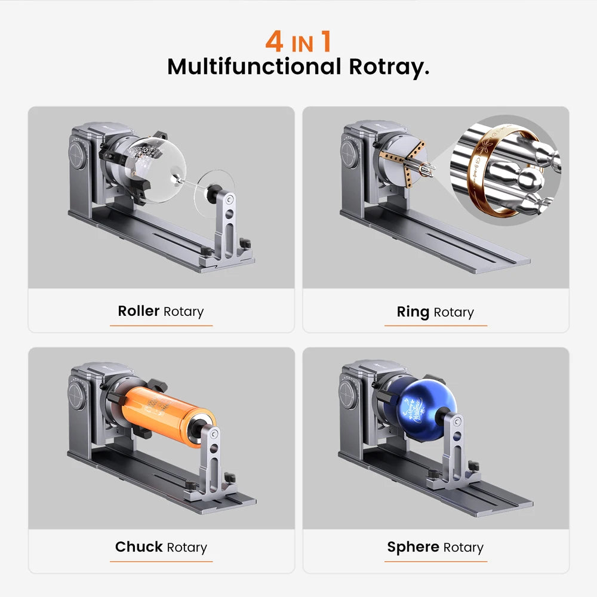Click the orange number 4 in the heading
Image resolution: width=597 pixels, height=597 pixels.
pos(275,41)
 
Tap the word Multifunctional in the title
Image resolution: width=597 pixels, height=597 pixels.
pos(254,66)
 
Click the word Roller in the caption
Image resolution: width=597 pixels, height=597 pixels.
pos(139,311)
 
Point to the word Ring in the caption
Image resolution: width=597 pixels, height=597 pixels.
pos(413,312)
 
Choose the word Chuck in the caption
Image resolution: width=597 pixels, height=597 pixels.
pos(139,547)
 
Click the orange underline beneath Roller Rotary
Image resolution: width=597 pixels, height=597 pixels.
pos(161,325)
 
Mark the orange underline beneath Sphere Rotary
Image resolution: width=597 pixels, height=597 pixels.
pos(435,561)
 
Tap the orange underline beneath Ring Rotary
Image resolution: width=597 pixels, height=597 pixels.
pos(435,325)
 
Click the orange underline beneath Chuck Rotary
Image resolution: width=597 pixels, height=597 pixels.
pos(161,561)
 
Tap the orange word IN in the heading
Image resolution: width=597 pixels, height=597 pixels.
pos(303,44)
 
